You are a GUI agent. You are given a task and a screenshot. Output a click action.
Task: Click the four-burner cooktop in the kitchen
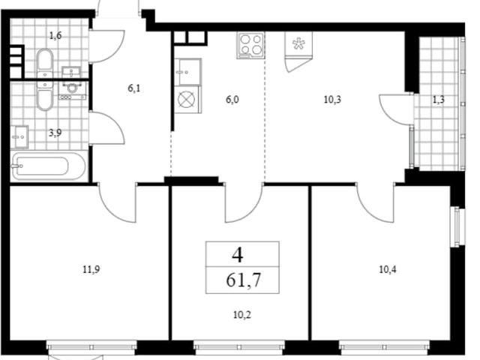coord(250,45)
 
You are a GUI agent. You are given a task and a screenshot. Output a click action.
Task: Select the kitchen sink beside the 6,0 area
coord(188,72)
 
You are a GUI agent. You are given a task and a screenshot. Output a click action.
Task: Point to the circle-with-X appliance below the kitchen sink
coord(187,100)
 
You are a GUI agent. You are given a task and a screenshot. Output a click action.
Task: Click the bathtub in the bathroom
coord(49,166)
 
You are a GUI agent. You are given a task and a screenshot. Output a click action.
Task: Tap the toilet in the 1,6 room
coord(45,63)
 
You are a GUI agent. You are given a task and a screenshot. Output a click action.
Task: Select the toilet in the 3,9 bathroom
coord(45,95)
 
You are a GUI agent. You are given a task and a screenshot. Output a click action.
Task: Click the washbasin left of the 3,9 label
coord(19,136)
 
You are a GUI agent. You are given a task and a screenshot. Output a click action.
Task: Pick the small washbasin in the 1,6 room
coord(72,72)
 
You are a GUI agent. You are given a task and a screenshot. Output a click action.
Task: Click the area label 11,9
coord(91,270)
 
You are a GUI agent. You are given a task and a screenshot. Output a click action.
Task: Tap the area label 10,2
coord(242,315)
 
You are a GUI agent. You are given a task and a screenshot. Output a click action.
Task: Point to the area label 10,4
coord(388,270)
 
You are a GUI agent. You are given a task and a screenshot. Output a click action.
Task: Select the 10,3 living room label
coord(332,100)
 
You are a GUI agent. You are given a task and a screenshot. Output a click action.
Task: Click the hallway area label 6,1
coord(134,88)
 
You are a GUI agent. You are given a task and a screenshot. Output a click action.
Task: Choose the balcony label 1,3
coord(438,100)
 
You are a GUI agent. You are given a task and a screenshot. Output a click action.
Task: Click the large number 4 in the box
coord(238,255)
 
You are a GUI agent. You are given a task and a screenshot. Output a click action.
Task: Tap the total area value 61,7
coord(243,280)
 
